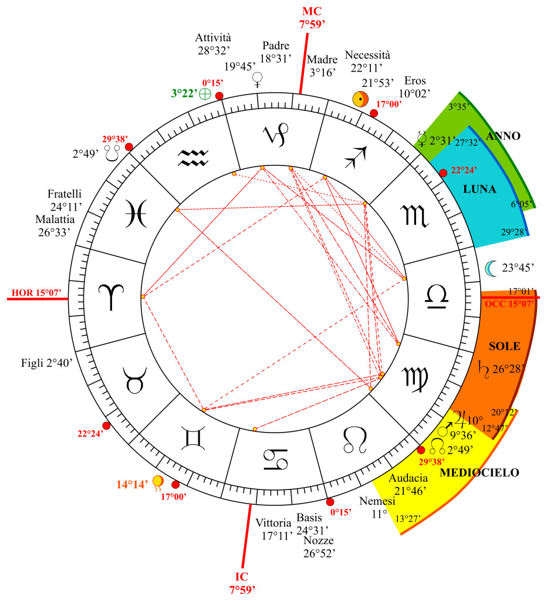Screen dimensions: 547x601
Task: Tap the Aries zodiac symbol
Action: coord(111,296)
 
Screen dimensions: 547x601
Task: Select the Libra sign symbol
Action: coord(437,297)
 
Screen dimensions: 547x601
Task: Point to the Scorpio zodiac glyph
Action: coord(414,216)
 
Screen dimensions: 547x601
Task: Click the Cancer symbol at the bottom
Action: coord(276,459)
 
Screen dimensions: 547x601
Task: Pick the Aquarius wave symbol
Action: coord(193,158)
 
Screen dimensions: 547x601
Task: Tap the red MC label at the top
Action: coord(312,12)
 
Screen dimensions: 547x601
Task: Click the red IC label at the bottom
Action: coord(241,576)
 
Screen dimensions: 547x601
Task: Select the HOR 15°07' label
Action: coord(36,293)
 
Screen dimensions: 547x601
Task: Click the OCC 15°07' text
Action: coord(509,304)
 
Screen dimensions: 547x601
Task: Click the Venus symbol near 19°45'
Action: coord(258,80)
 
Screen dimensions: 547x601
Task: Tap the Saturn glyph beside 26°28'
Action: coord(484,369)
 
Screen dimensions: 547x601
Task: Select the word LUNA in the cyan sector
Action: coord(480,190)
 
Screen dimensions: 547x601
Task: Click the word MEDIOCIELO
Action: coord(479,472)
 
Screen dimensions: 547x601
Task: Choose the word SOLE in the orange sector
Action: coord(505,346)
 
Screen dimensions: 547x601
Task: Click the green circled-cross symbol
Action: coord(205,93)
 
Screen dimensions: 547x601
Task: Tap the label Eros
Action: coord(415,81)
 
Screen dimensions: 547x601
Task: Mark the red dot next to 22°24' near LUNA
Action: coord(443,173)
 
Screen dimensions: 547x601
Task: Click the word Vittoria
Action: coord(273,523)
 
